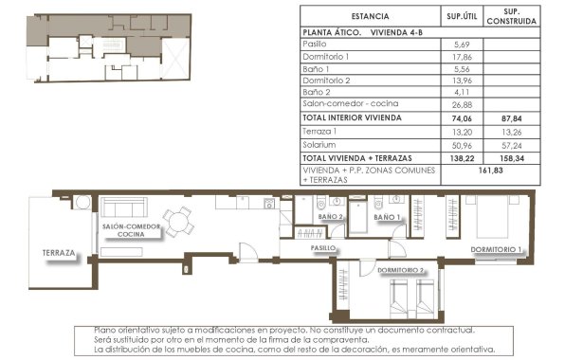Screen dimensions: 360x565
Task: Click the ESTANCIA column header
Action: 369,16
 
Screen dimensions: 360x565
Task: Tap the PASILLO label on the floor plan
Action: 326,247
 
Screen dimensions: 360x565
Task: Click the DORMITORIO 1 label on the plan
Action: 497,250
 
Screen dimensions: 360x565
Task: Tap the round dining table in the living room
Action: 178,221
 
